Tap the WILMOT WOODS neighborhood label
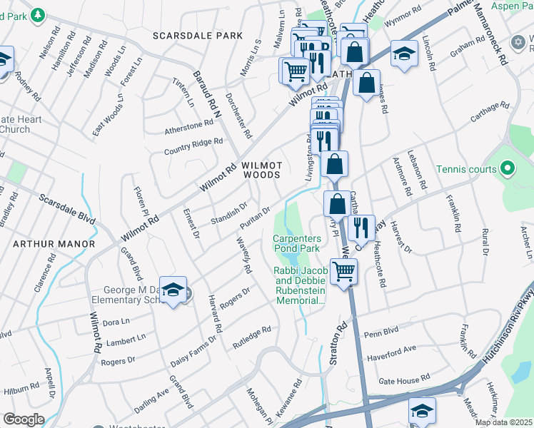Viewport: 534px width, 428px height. pyautogui.click(x=262, y=170)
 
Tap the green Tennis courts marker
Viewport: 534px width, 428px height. pyautogui.click(x=508, y=169)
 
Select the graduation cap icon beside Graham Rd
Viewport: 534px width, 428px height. pyautogui.click(x=404, y=53)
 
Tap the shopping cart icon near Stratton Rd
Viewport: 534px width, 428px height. pyautogui.click(x=344, y=272)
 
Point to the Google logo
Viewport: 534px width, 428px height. pyautogui.click(x=24, y=419)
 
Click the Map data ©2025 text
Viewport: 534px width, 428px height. pyautogui.click(x=503, y=422)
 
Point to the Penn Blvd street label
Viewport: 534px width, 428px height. pyautogui.click(x=380, y=333)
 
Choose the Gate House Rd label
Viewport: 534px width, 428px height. pyautogui.click(x=404, y=379)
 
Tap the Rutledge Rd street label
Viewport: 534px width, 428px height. pyautogui.click(x=251, y=337)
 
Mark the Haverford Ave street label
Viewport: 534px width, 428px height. pyautogui.click(x=391, y=353)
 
